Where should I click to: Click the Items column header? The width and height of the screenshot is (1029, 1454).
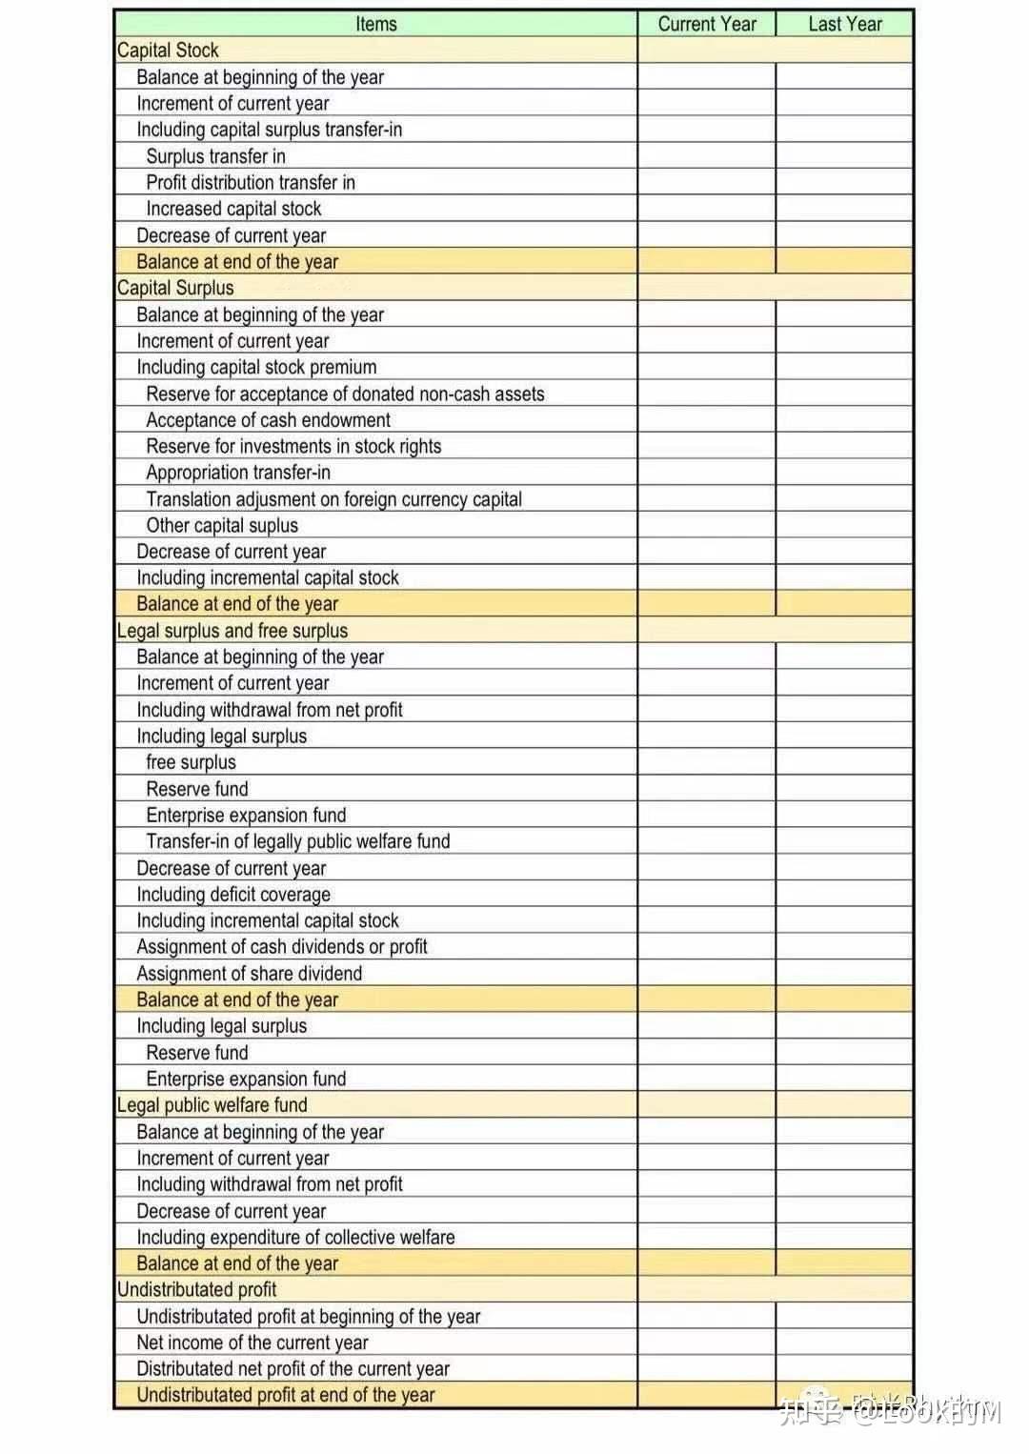pos(375,24)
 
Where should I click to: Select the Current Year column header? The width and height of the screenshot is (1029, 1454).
pos(707,24)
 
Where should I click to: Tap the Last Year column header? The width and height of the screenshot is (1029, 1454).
pos(845,24)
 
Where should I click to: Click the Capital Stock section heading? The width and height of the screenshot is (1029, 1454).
pos(168,50)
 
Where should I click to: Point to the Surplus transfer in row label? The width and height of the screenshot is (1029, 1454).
pos(215,156)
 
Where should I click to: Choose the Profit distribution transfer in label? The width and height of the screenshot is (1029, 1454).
pos(251,182)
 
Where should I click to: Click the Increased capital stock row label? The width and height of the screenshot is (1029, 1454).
pos(233,209)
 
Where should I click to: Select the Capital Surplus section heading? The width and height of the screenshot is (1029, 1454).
pos(175,288)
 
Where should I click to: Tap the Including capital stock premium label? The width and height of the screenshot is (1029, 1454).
pos(256,367)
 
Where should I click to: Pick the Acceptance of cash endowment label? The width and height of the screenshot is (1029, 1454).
pos(268,420)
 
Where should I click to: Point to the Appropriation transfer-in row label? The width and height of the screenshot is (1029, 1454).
pos(238,473)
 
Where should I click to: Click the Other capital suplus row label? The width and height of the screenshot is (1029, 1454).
pos(222,525)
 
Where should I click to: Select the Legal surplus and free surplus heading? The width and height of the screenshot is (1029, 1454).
pos(232,631)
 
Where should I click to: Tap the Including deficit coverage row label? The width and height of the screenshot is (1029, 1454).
pos(233,895)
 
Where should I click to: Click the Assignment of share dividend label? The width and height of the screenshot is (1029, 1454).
pos(250,974)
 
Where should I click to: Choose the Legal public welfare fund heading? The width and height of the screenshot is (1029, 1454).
pos(212,1105)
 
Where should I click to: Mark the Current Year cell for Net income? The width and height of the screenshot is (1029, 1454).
pos(707,1343)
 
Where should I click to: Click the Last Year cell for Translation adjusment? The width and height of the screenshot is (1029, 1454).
pos(845,499)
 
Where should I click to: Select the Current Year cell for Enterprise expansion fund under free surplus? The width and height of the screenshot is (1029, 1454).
pos(707,816)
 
